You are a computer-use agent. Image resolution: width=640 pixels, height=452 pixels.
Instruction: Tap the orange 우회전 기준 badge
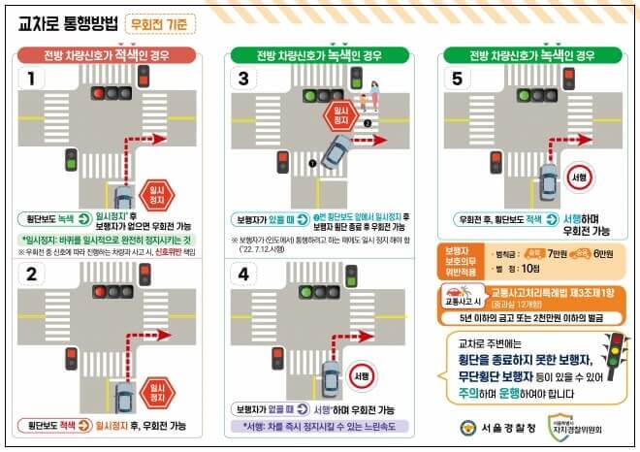tap(160, 22)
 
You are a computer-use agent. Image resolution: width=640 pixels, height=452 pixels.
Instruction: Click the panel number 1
tap(32, 79)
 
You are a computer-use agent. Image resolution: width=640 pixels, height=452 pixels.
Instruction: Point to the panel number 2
tap(32, 274)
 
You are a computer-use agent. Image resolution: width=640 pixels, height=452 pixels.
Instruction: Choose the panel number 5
tap(459, 79)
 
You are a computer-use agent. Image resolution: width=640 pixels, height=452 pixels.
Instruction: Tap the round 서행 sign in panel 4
tap(362, 375)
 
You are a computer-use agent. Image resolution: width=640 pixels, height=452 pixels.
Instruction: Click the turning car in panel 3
tap(336, 151)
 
